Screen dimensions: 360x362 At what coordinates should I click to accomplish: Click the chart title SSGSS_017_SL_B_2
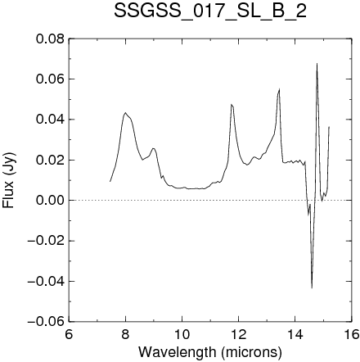click(210, 11)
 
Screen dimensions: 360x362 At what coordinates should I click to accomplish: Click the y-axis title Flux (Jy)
click(8, 180)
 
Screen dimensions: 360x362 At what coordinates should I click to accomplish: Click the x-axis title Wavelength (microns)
click(210, 352)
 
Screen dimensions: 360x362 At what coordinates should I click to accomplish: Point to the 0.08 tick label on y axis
click(50, 39)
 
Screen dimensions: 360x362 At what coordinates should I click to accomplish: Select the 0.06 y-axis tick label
click(50, 79)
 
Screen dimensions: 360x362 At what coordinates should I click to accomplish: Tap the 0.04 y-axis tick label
click(50, 120)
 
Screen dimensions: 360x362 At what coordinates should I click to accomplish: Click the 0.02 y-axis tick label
click(50, 160)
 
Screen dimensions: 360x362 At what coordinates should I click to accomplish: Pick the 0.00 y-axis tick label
click(50, 201)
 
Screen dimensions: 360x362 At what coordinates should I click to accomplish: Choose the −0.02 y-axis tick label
click(46, 241)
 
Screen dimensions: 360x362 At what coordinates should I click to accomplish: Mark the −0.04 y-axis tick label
click(46, 281)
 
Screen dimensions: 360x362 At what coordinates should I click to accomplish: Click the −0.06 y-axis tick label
click(46, 322)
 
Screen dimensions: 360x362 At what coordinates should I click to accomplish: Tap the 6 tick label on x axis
click(69, 334)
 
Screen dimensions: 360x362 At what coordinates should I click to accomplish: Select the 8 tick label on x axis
click(125, 334)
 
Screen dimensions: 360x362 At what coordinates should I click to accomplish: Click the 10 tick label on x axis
click(182, 334)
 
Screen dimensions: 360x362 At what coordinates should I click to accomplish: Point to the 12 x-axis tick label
click(239, 334)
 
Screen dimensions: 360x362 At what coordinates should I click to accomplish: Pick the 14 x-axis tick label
click(295, 334)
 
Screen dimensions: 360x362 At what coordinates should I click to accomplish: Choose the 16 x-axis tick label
click(352, 334)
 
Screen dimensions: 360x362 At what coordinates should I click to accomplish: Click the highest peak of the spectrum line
click(317, 64)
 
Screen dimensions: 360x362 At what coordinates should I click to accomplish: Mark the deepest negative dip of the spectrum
click(312, 287)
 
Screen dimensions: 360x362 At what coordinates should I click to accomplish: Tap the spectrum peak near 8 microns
click(125, 112)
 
